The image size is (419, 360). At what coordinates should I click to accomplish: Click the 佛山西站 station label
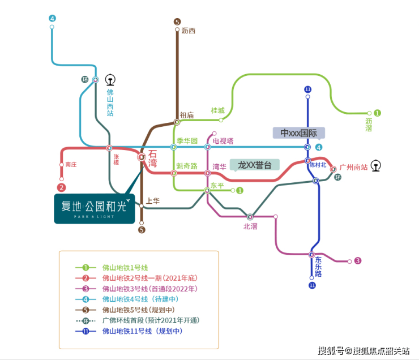pyautogui.click(x=110, y=102)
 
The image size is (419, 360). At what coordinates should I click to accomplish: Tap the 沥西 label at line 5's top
pyautogui.click(x=189, y=31)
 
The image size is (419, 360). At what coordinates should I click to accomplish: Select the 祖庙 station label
pyautogui.click(x=187, y=115)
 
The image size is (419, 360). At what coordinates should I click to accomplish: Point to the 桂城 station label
pyautogui.click(x=217, y=110)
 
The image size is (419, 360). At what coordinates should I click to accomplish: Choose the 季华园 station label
pyautogui.click(x=187, y=140)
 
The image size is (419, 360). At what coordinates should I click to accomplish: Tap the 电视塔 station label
pyautogui.click(x=223, y=140)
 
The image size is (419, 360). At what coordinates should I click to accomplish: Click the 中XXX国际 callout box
pyautogui.click(x=298, y=133)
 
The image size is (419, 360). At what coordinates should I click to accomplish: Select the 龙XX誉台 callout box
pyautogui.click(x=255, y=165)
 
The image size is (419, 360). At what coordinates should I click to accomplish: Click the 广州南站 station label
pyautogui.click(x=354, y=168)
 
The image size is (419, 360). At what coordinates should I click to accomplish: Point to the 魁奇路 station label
pyautogui.click(x=187, y=166)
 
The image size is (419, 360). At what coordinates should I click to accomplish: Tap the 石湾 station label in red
pyautogui.click(x=152, y=158)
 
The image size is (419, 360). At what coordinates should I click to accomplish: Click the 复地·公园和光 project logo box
pyautogui.click(x=95, y=208)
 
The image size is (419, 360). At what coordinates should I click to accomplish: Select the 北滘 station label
pyautogui.click(x=250, y=226)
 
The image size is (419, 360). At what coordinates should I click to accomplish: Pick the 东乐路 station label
pyautogui.click(x=318, y=267)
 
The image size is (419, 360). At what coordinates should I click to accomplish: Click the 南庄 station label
pyautogui.click(x=71, y=165)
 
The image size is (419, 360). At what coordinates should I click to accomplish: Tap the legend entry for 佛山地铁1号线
pyautogui.click(x=125, y=267)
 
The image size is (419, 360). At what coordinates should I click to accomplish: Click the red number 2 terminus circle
pyautogui.click(x=61, y=187)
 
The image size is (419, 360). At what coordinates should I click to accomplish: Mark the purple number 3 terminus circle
pyautogui.click(x=357, y=261)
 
